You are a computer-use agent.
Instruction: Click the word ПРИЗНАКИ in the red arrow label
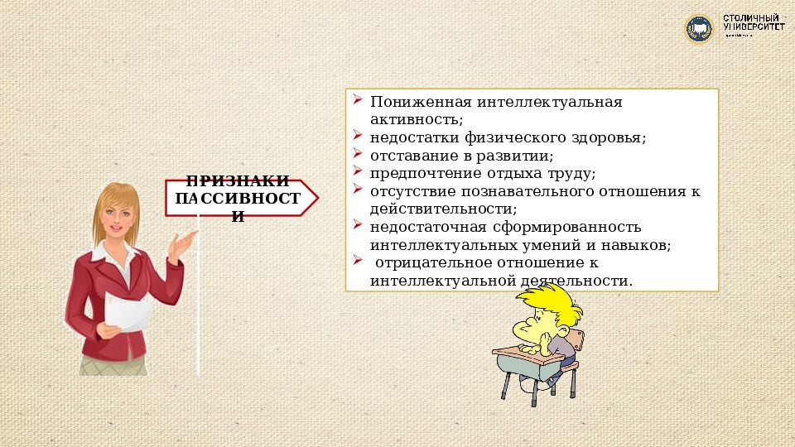(x=238, y=181)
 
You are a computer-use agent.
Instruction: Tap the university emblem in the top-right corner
(x=698, y=29)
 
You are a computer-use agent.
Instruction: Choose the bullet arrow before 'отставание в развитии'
(x=357, y=153)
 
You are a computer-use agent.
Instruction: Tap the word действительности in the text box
(x=438, y=209)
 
